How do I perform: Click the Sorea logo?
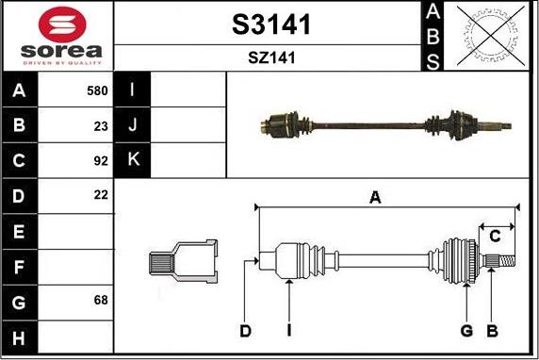pos(58,35)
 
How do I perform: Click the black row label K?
pos(133,160)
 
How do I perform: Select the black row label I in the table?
pos(133,91)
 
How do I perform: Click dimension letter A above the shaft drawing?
pos(375,197)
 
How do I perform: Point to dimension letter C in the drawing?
pos(494,237)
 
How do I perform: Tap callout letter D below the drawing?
pos(245,331)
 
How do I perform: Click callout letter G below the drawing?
pos(465,331)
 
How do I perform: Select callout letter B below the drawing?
pos(490,331)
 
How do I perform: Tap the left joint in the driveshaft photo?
pos(283,123)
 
